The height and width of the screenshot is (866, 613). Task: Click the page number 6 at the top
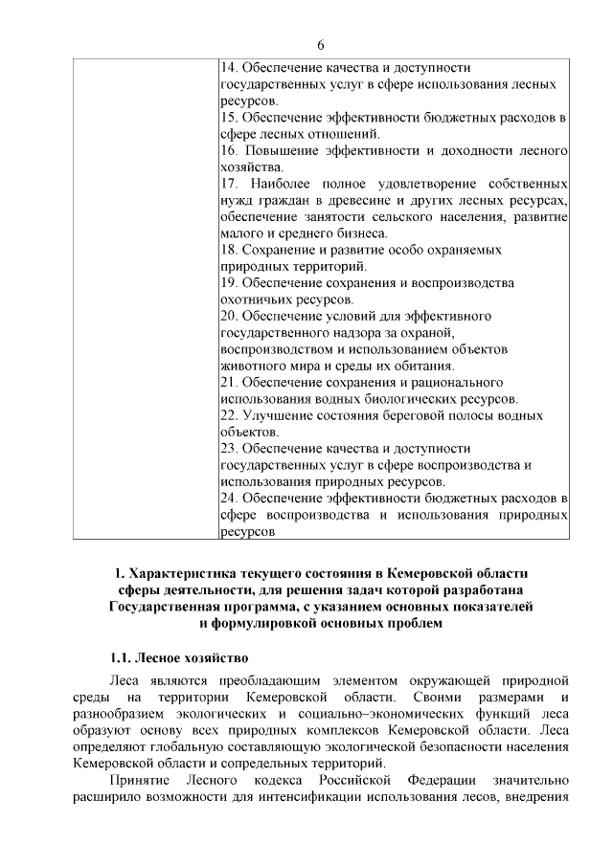321,45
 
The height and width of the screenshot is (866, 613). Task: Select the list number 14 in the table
229,69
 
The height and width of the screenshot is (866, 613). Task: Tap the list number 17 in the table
230,183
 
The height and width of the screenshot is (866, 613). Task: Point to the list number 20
230,315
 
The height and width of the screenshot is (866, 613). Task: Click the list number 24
230,499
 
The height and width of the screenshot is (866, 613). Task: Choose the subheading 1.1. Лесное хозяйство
178,658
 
